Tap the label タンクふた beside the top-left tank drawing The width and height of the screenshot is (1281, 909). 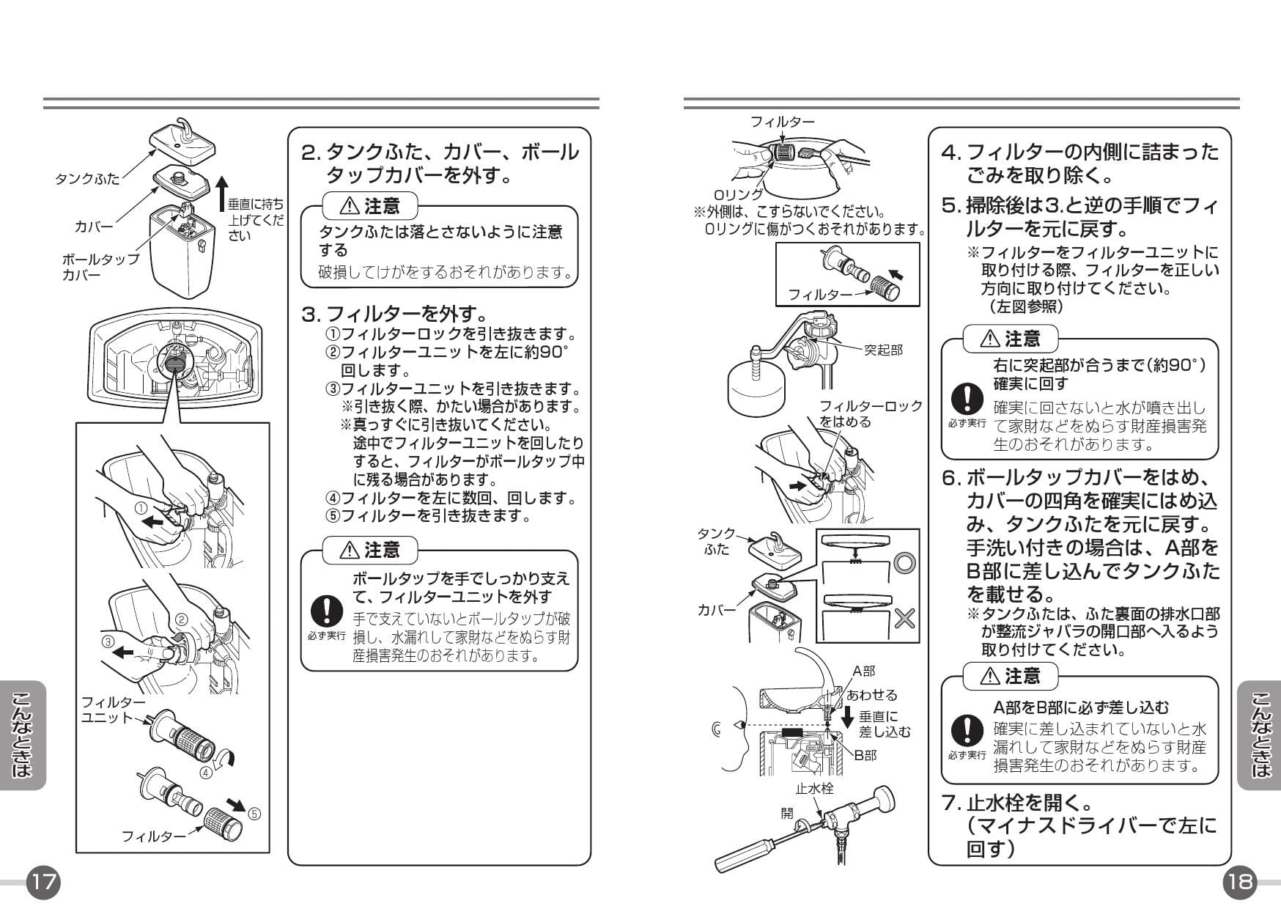[x=87, y=178]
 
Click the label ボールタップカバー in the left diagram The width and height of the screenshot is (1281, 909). [x=100, y=268]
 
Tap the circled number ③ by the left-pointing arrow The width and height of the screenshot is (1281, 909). [x=108, y=640]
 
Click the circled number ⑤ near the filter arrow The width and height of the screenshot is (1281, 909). [x=254, y=813]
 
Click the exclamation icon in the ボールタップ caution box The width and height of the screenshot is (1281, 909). [x=325, y=610]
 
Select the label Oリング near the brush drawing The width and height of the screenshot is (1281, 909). [x=738, y=194]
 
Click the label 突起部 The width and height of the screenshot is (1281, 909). [x=882, y=350]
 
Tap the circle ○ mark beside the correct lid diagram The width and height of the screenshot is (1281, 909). [x=904, y=563]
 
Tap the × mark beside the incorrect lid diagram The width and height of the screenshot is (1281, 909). [x=904, y=618]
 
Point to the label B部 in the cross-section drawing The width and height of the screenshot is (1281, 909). [x=865, y=754]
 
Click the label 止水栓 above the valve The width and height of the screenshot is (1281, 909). [x=814, y=789]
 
